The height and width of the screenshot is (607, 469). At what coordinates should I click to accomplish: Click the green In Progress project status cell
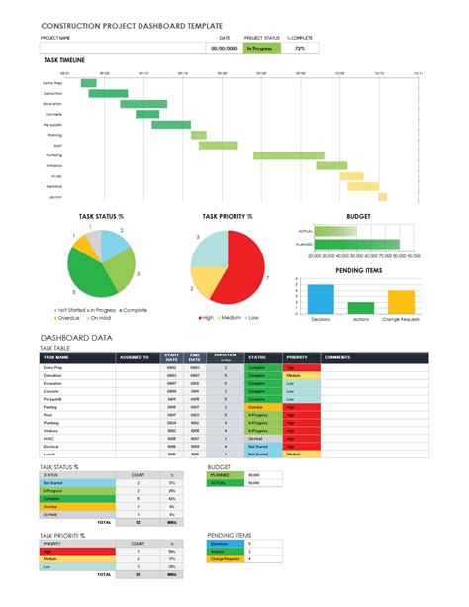coord(261,48)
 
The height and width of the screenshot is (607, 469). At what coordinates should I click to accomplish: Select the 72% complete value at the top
coord(299,48)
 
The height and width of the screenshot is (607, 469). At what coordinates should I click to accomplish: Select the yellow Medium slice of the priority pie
coord(204,288)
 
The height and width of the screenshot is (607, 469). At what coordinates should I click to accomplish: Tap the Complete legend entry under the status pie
coord(132,310)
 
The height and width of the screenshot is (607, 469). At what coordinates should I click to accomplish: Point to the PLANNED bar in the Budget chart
coord(353,244)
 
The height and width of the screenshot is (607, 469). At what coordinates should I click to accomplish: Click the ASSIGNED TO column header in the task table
coord(135,357)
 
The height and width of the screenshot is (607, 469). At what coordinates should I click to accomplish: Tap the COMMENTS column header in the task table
coord(338,357)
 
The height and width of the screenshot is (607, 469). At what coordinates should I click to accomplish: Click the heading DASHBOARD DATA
coord(76,338)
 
